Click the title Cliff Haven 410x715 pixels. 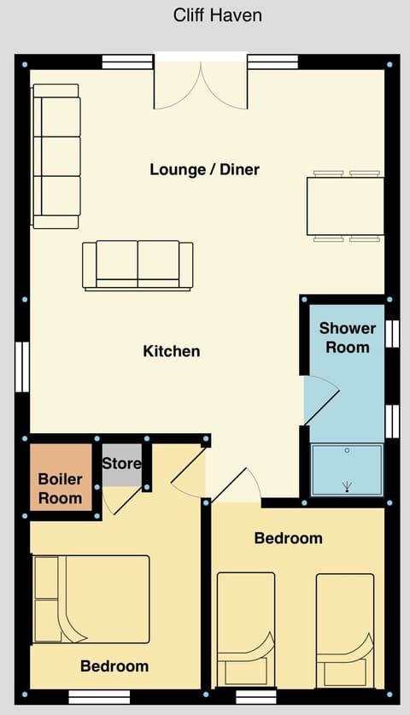click(217, 15)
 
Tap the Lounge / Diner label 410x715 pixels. click(204, 169)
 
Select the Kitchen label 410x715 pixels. click(172, 351)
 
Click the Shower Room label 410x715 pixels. click(348, 337)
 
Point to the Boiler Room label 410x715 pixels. click(61, 489)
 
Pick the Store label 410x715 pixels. click(121, 464)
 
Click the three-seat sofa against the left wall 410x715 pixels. click(56, 156)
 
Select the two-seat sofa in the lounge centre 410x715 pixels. click(138, 265)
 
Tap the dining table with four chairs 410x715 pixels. click(345, 206)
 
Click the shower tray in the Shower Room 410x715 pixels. click(347, 469)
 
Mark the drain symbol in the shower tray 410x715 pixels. click(348, 487)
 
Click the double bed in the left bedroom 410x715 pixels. click(91, 599)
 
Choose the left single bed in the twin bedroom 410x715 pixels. click(246, 629)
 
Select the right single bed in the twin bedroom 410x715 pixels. click(345, 629)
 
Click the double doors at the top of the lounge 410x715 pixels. click(201, 85)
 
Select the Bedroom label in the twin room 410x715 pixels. click(289, 538)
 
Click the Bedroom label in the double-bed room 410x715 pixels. click(114, 666)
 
